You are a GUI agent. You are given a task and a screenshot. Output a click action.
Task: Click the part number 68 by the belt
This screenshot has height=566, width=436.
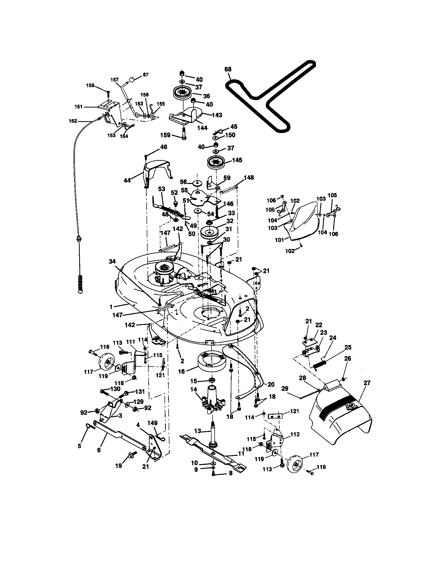tap(228, 69)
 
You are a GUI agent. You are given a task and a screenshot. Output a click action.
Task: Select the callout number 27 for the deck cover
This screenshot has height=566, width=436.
tap(367, 383)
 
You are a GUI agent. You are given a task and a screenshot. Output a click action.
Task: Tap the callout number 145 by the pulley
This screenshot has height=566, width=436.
tap(237, 160)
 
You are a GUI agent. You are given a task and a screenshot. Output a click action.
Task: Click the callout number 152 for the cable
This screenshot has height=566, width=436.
tap(73, 121)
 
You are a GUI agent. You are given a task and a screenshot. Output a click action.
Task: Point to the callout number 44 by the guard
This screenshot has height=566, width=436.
tap(127, 180)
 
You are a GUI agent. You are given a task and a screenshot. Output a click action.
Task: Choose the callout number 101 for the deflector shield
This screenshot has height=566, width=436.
tap(279, 240)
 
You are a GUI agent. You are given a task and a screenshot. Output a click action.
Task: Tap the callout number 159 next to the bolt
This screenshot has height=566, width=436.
tap(165, 135)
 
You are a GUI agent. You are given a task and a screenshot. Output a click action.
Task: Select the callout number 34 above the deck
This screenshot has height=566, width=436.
tap(112, 261)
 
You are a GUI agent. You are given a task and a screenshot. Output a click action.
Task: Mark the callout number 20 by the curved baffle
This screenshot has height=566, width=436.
tap(270, 384)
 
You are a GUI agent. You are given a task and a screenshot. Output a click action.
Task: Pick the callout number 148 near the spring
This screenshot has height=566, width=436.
tap(249, 178)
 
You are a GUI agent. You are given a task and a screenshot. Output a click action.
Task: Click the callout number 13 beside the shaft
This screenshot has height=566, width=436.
tap(197, 431)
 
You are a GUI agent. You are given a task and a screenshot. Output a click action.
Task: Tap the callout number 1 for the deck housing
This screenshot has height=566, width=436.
tap(111, 307)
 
